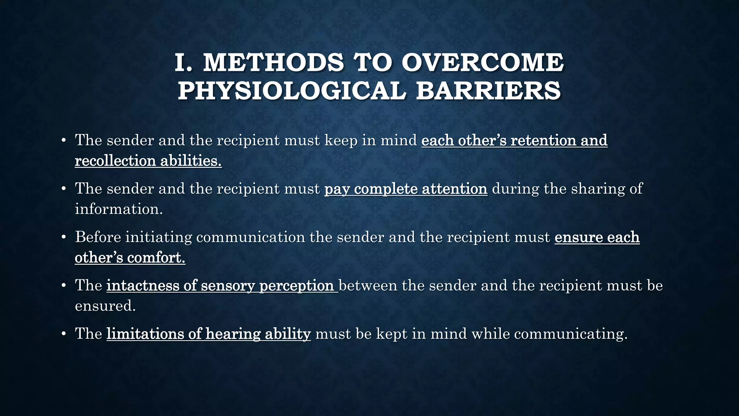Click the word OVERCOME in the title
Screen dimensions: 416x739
[482, 62]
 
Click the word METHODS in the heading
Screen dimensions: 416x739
[274, 62]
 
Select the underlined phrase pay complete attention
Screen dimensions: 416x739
[406, 188]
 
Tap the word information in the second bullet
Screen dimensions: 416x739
[118, 209]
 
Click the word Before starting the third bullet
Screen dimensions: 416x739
[98, 237]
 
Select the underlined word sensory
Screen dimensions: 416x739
[228, 285]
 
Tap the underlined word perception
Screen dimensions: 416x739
[296, 286]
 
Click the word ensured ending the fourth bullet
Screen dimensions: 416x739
[105, 306]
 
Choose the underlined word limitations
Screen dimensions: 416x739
[145, 334]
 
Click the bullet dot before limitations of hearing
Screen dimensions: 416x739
[64, 334]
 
